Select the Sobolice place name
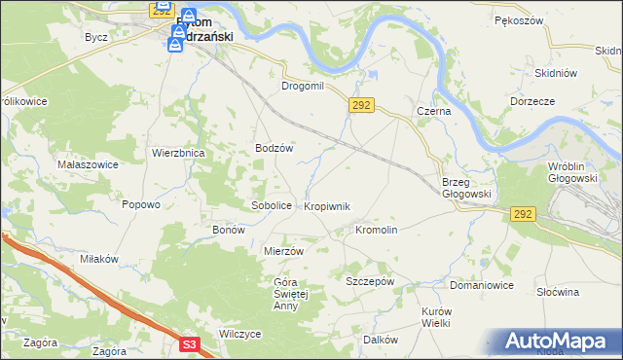(272, 206)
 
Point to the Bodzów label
(275, 149)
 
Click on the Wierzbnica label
(177, 153)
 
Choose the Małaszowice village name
(88, 164)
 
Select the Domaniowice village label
(481, 286)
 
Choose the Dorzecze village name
(531, 101)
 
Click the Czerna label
(433, 112)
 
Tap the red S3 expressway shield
(190, 343)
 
